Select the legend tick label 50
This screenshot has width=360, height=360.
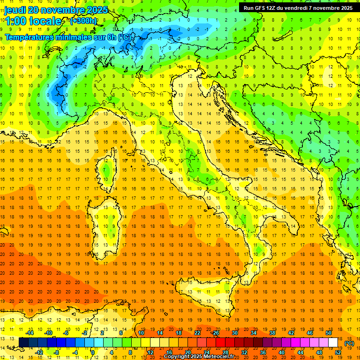click(329, 333)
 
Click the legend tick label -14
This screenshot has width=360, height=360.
click(30, 333)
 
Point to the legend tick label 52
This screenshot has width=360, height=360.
click(338, 352)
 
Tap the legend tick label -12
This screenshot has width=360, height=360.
click(39, 352)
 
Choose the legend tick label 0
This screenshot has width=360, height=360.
click(93, 352)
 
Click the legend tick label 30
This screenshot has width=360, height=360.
click(235, 333)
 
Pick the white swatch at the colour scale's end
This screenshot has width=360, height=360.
click(333, 343)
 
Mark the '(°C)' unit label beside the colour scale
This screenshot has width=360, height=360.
click(349, 343)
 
